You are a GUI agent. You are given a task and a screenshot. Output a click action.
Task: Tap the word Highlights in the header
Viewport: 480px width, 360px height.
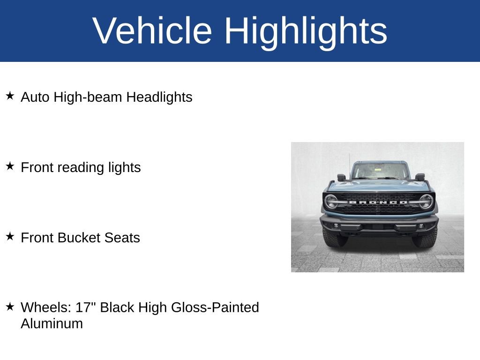pyautogui.click(x=306, y=31)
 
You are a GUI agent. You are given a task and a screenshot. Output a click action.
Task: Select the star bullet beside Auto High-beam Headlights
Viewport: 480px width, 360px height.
pyautogui.click(x=10, y=96)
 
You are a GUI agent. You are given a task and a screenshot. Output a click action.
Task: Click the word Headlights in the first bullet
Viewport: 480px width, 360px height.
pyautogui.click(x=159, y=97)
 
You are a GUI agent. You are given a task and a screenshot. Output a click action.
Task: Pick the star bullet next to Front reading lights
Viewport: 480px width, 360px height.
pyautogui.click(x=10, y=166)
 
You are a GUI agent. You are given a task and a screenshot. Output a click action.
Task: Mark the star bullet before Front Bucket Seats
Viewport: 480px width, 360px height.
pyautogui.click(x=10, y=237)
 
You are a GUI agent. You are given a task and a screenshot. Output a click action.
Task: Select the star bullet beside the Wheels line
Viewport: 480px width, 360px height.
pyautogui.click(x=10, y=307)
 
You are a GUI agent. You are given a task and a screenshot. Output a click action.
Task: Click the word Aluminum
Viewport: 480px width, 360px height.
pyautogui.click(x=52, y=323)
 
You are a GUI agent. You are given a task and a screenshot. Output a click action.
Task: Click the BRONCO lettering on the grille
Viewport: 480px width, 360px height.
pyautogui.click(x=378, y=202)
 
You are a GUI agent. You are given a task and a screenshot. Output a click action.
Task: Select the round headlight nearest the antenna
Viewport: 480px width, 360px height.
pyautogui.click(x=331, y=202)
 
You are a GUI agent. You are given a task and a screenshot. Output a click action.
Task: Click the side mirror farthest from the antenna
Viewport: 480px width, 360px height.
pyautogui.click(x=420, y=177)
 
